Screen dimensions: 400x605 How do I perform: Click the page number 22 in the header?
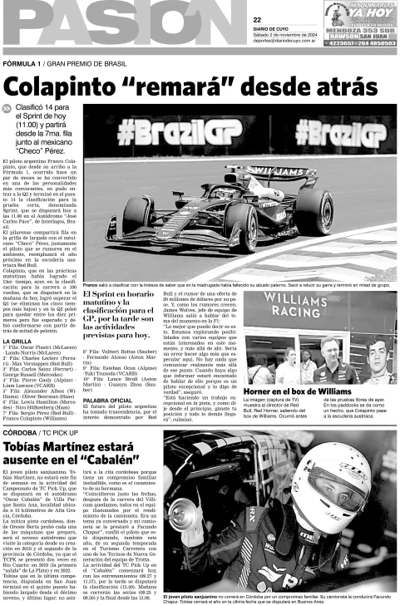(258, 19)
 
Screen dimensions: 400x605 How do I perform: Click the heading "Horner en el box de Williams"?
(329, 366)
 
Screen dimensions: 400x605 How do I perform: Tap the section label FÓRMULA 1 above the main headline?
(22, 63)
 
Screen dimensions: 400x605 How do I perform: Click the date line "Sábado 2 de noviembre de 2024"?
(288, 33)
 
